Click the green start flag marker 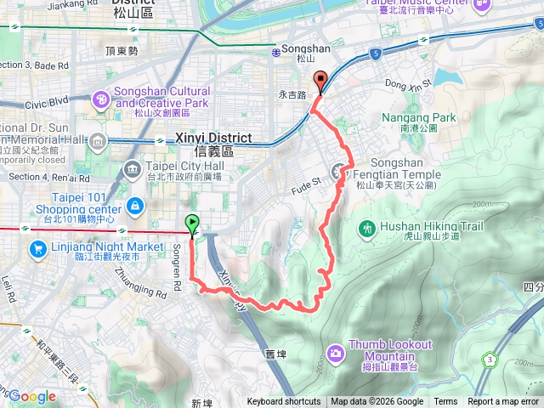point(192,224)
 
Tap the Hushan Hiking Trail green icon point(367,228)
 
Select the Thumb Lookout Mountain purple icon point(337,351)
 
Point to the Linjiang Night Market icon point(37,249)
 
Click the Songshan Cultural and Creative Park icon point(100,100)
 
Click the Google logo point(31,396)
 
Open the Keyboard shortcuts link point(284,402)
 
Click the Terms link point(445,402)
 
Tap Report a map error point(504,402)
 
